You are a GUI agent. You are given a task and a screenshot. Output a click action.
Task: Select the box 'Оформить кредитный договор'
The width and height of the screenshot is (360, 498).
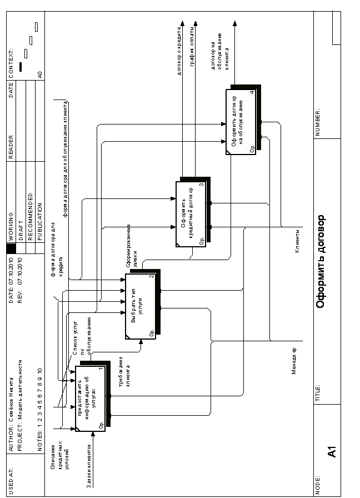[191, 213]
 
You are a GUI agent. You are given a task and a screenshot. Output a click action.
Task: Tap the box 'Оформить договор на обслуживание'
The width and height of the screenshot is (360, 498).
[241, 121]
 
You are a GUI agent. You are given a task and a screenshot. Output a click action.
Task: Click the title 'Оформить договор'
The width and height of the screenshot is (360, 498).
[320, 261]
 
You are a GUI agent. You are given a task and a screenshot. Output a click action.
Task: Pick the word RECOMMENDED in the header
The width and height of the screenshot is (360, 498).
[30, 216]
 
